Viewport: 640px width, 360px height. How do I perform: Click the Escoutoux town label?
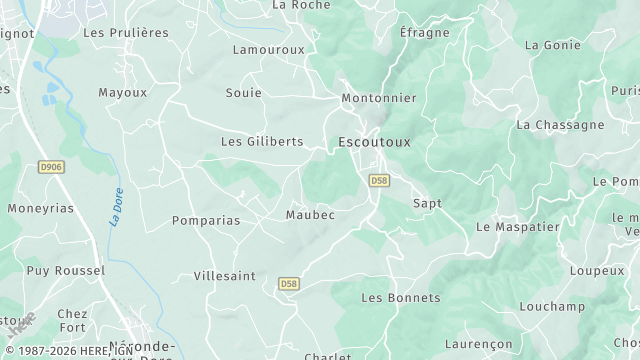point(374,142)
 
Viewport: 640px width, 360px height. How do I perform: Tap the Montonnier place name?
point(378,98)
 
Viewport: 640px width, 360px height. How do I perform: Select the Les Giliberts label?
point(262,142)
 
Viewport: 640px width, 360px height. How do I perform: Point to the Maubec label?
point(310,215)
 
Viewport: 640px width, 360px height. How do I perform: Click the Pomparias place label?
point(206,220)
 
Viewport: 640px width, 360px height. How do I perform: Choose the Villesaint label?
point(224,275)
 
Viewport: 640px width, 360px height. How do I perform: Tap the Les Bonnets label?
point(400,298)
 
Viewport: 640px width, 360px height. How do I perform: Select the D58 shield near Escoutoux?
point(378,181)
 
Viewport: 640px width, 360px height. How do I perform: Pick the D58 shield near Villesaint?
point(289,283)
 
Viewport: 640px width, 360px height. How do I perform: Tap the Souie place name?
point(244,93)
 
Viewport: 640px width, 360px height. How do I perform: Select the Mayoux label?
point(122,93)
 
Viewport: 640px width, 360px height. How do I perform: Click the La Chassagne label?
point(560,125)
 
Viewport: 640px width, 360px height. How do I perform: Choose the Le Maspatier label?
point(517,227)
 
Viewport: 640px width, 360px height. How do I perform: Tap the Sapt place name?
point(427,203)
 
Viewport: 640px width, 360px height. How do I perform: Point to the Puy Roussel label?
point(66,271)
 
